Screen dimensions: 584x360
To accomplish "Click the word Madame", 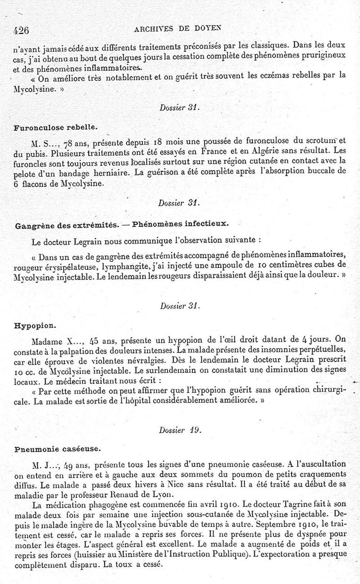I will click(x=45, y=340).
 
